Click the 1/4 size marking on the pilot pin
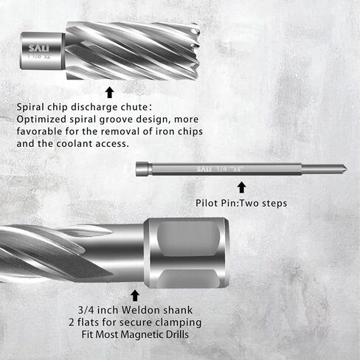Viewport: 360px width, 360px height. [x=222, y=169]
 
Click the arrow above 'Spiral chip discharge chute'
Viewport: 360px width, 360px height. [x=109, y=92]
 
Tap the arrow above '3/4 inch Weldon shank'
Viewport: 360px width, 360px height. [x=134, y=295]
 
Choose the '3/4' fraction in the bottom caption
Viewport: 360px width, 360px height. [x=85, y=310]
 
